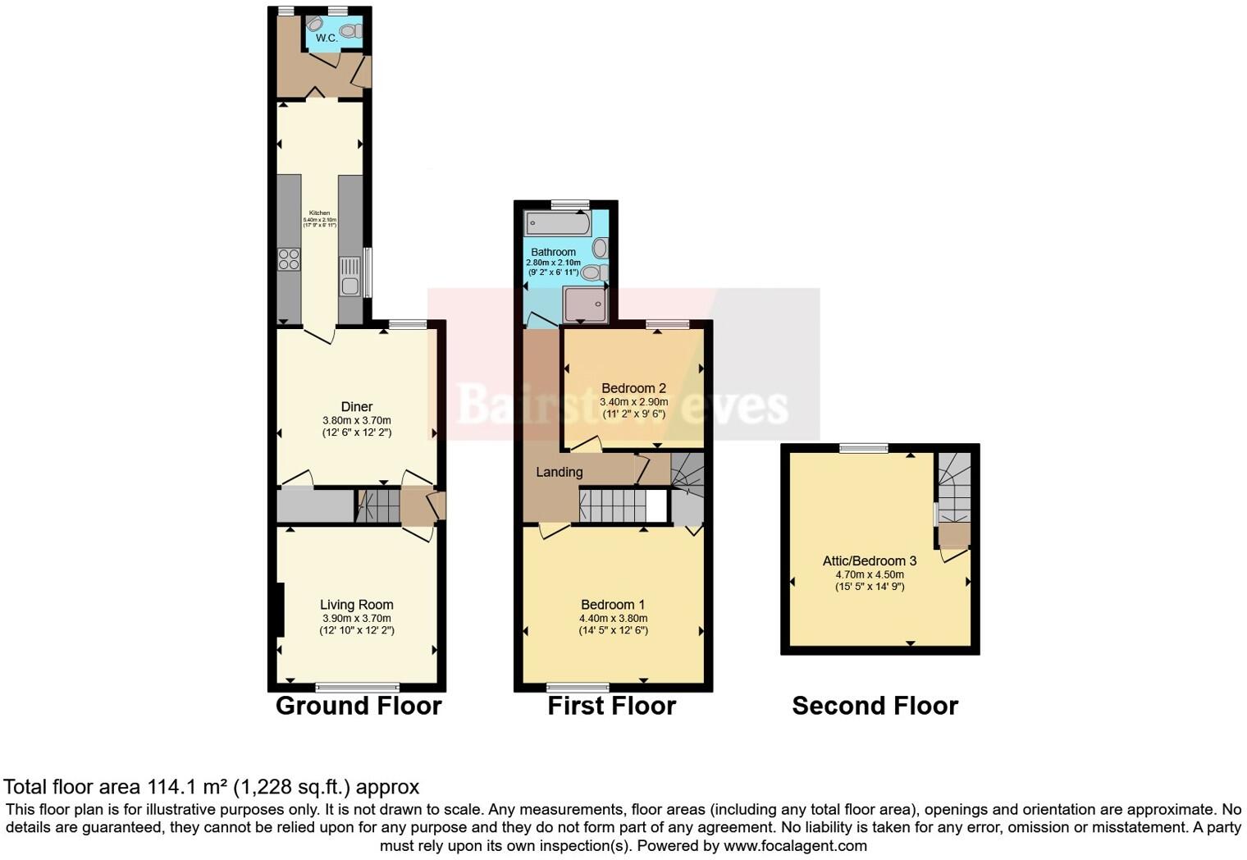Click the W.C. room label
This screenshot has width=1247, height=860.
click(327, 38)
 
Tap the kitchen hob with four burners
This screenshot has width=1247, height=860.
click(289, 259)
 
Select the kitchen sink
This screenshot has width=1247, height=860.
click(350, 277)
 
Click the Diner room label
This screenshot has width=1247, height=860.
click(357, 406)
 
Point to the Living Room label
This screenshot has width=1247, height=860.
click(357, 605)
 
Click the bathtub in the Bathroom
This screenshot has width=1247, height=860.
click(557, 222)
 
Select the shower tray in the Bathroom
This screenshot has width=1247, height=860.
click(584, 304)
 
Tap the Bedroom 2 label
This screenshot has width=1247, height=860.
click(633, 388)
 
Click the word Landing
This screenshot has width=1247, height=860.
click(560, 472)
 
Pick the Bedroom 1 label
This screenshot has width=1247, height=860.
click(613, 605)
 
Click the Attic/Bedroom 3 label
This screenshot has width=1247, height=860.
click(870, 560)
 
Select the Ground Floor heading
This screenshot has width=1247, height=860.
click(359, 706)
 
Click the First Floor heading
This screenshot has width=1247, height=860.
click(612, 706)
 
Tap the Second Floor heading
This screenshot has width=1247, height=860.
click(875, 706)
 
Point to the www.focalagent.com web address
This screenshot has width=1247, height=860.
click(795, 845)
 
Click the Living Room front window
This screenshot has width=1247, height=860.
click(357, 687)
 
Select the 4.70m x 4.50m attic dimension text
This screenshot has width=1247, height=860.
click(870, 574)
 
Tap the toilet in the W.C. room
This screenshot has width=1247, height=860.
click(350, 30)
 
